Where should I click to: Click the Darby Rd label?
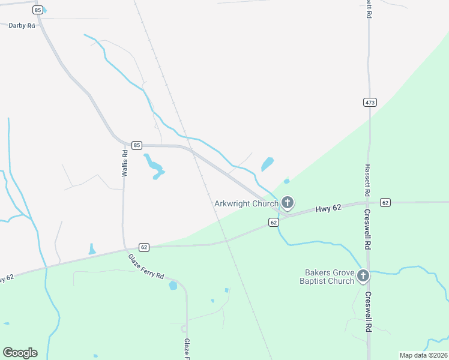tap(22, 26)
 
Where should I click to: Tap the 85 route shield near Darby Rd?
tap(38, 10)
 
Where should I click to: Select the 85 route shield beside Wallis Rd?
tap(137, 145)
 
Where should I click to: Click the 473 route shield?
tap(370, 103)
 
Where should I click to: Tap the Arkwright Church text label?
tap(246, 203)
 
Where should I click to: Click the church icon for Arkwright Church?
tap(288, 203)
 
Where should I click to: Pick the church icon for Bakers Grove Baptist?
tap(363, 276)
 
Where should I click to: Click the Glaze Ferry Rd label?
tap(146, 267)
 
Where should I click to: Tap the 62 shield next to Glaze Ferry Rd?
tap(143, 247)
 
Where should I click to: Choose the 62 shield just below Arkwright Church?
tap(273, 223)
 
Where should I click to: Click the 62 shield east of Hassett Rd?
tap(385, 202)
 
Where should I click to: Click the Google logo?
tap(20, 353)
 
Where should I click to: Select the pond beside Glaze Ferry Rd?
tap(173, 285)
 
